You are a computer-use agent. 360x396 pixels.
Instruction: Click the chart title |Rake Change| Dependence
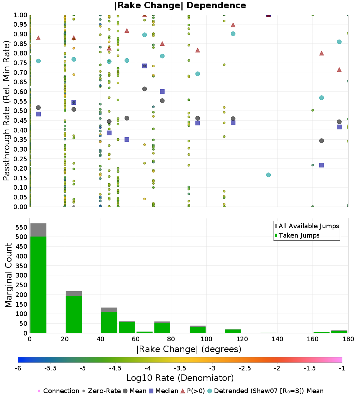180,5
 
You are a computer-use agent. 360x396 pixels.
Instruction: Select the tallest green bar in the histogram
39,285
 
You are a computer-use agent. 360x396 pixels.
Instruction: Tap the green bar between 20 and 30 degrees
74,314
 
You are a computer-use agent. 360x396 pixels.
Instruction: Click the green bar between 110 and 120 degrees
233,331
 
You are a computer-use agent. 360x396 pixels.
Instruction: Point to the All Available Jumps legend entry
307,226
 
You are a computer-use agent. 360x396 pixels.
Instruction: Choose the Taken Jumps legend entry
297,235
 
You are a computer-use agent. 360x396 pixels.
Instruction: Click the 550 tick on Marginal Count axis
22,227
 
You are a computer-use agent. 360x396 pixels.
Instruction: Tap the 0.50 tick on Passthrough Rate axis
20,111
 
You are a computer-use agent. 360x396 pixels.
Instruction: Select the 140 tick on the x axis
278,339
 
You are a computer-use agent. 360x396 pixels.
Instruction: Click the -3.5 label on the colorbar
181,368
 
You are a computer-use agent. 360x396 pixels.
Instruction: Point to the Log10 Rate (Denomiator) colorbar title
180,378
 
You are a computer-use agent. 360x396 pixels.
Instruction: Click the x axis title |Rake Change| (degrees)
189,349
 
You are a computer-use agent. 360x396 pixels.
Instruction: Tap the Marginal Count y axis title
8,275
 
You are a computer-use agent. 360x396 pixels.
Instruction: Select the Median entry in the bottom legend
163,391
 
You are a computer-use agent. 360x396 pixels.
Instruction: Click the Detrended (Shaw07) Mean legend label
266,391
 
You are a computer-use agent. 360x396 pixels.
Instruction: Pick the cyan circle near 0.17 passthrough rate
269,175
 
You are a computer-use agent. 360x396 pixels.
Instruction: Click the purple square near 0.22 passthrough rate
321,165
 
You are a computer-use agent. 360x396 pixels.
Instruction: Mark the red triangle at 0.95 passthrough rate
233,25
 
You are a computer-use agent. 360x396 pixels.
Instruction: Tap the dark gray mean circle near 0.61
144,89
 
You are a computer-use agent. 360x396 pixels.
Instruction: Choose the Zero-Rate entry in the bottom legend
102,391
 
